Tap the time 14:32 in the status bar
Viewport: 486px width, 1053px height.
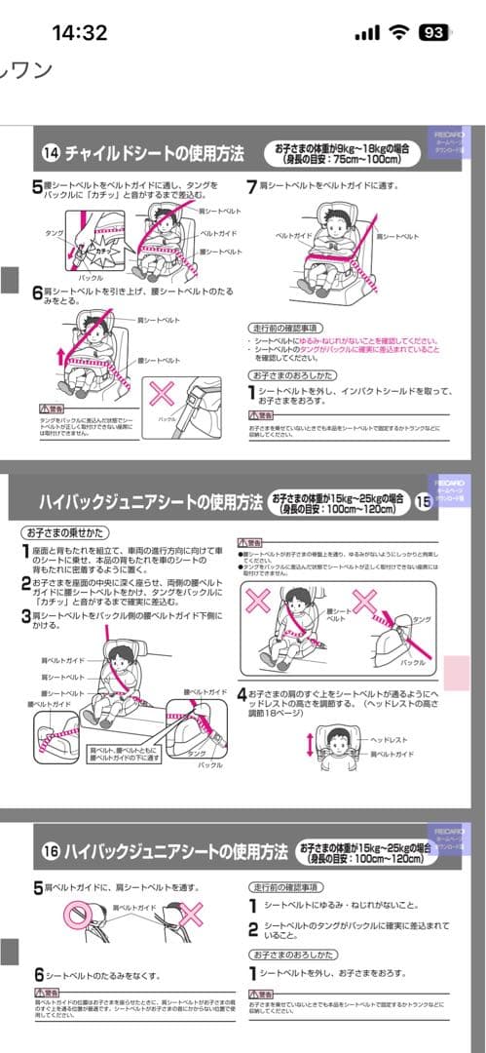click(x=79, y=32)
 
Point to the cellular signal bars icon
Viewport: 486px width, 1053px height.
click(x=366, y=33)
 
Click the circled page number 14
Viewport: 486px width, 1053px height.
click(x=52, y=152)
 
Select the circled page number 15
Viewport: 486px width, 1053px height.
click(x=423, y=502)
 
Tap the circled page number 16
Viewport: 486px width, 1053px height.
click(x=52, y=851)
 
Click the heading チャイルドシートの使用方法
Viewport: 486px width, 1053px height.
click(x=154, y=152)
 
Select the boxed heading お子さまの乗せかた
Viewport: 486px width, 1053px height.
click(x=66, y=532)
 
